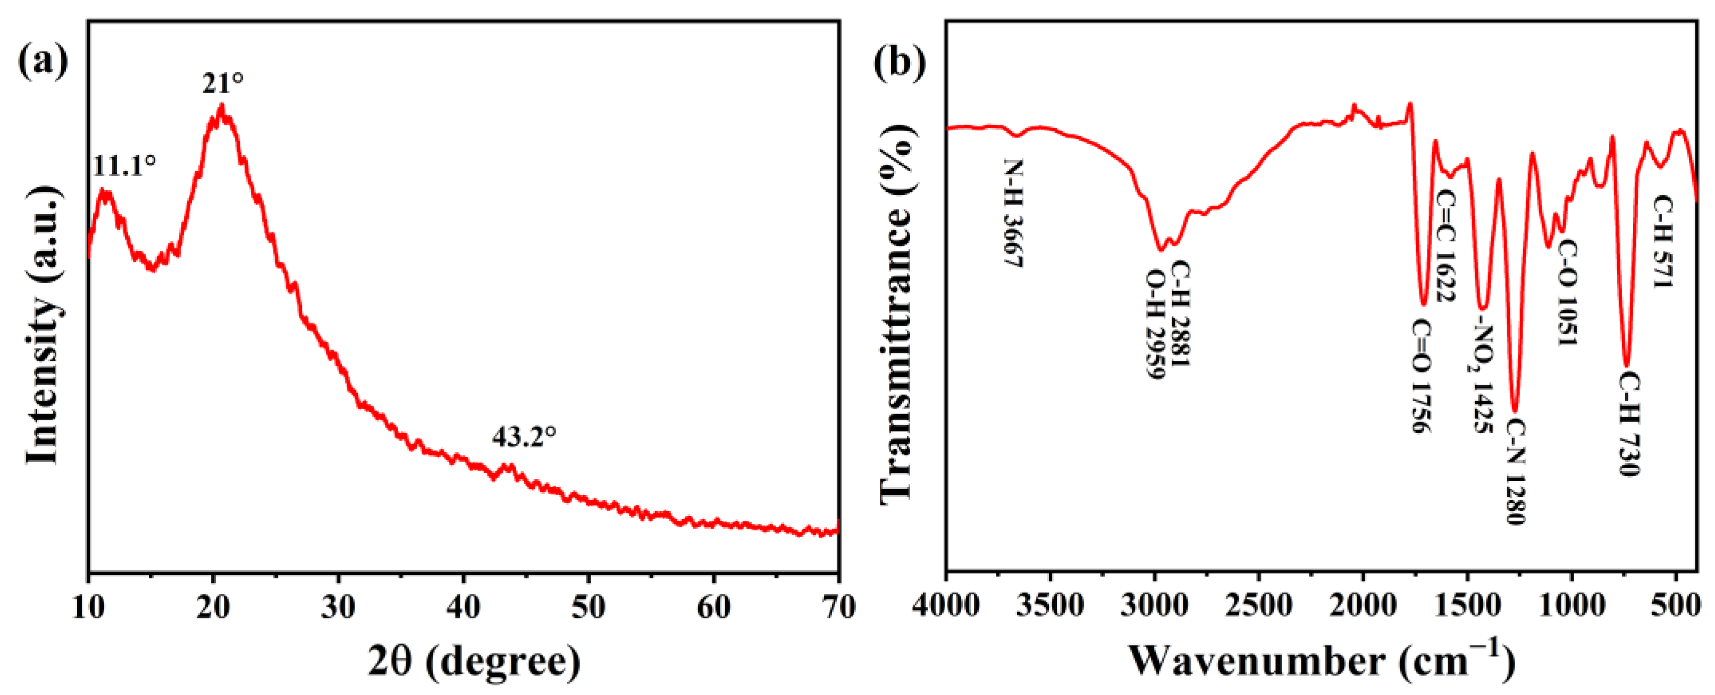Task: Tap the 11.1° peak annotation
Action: (124, 165)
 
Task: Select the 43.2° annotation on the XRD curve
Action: (524, 437)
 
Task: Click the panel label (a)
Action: (43, 61)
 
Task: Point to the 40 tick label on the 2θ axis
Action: (464, 607)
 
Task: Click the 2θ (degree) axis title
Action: (474, 662)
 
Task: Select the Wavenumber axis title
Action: (1322, 660)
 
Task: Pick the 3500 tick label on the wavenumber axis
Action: (1050, 607)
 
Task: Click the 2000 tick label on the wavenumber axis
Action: (1363, 607)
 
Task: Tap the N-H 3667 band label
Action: (1013, 213)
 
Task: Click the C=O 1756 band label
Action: (1420, 376)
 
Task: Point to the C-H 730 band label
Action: (1628, 424)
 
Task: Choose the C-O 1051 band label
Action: (1568, 293)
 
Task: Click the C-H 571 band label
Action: (1662, 241)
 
